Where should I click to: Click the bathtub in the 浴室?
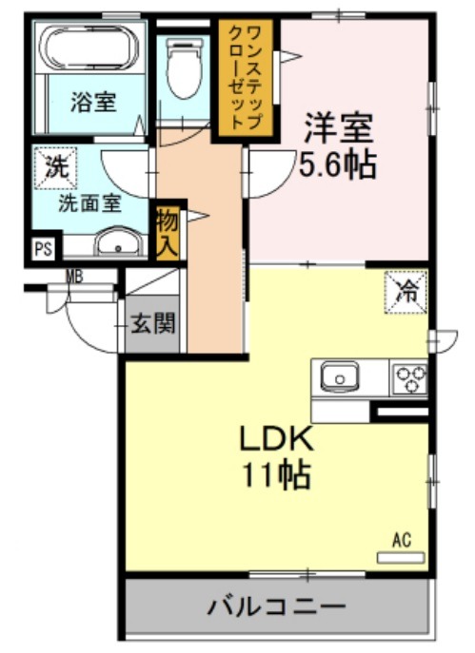click(89, 48)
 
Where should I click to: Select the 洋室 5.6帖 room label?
click(337, 145)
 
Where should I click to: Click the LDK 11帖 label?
click(276, 457)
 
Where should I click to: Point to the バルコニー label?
click(277, 606)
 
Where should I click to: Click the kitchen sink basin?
click(340, 377)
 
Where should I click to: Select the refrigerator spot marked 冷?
click(406, 292)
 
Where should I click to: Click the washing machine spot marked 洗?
click(55, 168)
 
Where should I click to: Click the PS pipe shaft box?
click(44, 249)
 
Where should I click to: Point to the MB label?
click(75, 276)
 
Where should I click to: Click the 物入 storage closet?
click(168, 233)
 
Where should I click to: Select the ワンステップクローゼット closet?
click(246, 78)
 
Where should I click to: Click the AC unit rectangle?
click(401, 558)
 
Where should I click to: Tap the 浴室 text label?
click(93, 102)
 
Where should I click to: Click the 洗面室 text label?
click(89, 203)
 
